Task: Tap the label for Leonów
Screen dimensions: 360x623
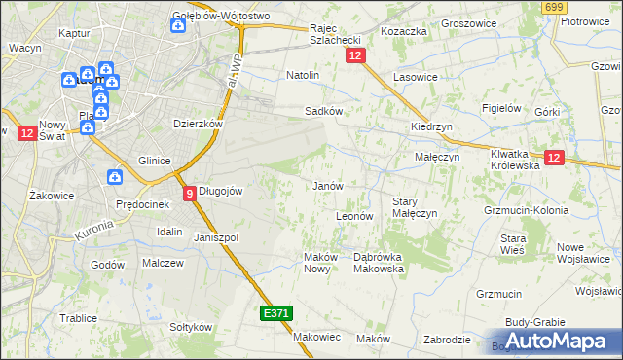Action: [354, 215]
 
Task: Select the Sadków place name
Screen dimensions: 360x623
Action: [323, 111]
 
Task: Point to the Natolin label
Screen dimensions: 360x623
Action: [303, 74]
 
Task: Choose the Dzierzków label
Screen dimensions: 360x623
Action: [199, 124]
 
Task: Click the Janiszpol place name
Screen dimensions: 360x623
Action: [216, 236]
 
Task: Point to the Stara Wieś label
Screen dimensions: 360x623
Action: [513, 244]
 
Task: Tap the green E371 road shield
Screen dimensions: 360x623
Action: [275, 314]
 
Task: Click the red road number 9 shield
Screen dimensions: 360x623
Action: [190, 193]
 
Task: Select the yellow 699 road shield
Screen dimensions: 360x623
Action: [554, 8]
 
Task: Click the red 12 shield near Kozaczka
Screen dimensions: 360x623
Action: [354, 57]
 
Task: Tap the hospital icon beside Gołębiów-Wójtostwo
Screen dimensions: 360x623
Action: [177, 25]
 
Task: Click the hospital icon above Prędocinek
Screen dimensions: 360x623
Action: [115, 178]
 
